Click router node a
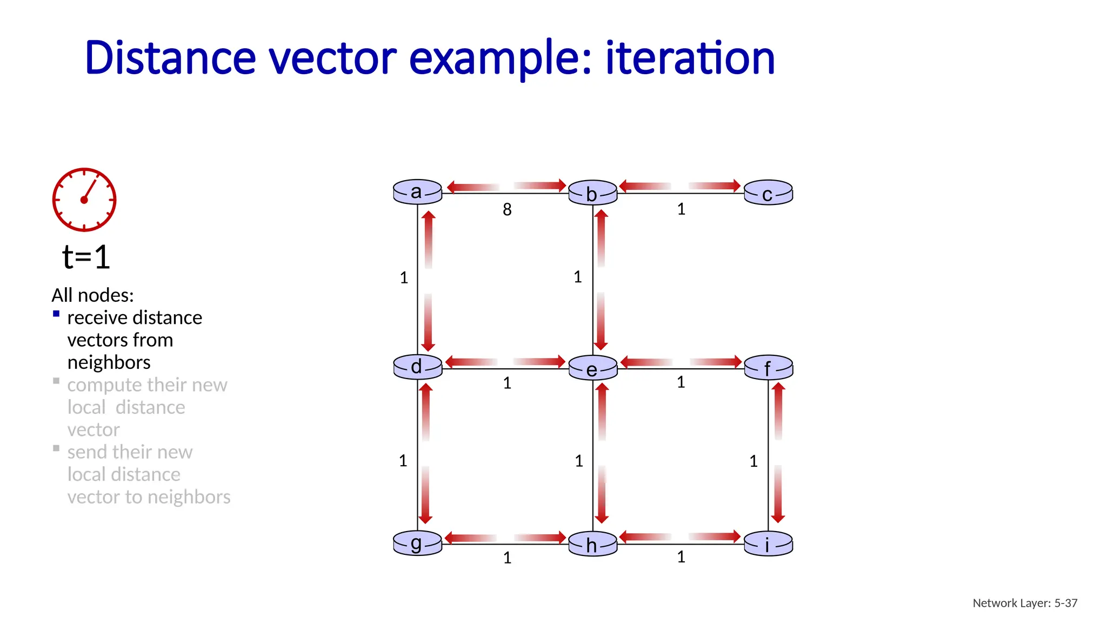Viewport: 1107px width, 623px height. pyautogui.click(x=417, y=192)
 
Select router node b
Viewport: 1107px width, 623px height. pyautogui.click(x=592, y=193)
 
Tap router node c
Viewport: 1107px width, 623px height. pyautogui.click(x=768, y=193)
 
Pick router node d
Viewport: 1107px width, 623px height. pyautogui.click(x=417, y=367)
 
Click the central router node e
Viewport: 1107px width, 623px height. pyautogui.click(x=592, y=368)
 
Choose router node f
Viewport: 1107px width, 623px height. pyautogui.click(x=768, y=368)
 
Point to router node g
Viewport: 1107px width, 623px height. pyautogui.click(x=417, y=543)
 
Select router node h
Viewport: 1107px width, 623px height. pyautogui.click(x=592, y=544)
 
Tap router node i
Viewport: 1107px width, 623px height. pyautogui.click(x=768, y=544)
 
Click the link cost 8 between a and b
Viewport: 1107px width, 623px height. pyautogui.click(x=507, y=210)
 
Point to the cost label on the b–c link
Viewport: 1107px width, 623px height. pyautogui.click(x=681, y=209)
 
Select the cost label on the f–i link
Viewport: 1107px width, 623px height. pyautogui.click(x=753, y=461)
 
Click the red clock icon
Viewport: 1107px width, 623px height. pyautogui.click(x=84, y=200)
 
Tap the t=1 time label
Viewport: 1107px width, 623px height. pyautogui.click(x=86, y=257)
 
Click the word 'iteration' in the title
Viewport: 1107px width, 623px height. pyautogui.click(x=690, y=58)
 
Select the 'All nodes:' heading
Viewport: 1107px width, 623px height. pyautogui.click(x=92, y=295)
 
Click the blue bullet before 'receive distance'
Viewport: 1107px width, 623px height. pyautogui.click(x=56, y=314)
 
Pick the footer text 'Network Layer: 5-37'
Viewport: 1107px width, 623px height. pyautogui.click(x=1025, y=603)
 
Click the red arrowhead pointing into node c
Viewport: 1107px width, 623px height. pyautogui.click(x=735, y=185)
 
